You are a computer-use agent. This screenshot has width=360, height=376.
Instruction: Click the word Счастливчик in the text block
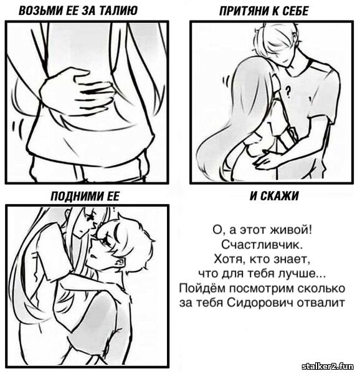pyautogui.click(x=262, y=245)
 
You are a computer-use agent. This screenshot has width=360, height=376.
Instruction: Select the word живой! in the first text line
pyautogui.click(x=291, y=230)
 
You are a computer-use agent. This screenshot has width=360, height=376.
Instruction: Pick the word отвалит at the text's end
pyautogui.click(x=321, y=303)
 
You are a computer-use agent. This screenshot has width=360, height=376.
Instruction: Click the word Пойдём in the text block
pyautogui.click(x=202, y=288)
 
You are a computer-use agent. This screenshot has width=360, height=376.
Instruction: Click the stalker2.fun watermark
pyautogui.click(x=328, y=366)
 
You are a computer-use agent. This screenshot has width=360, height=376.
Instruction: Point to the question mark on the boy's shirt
pyautogui.click(x=288, y=92)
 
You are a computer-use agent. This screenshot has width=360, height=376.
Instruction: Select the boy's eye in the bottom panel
pyautogui.click(x=105, y=243)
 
